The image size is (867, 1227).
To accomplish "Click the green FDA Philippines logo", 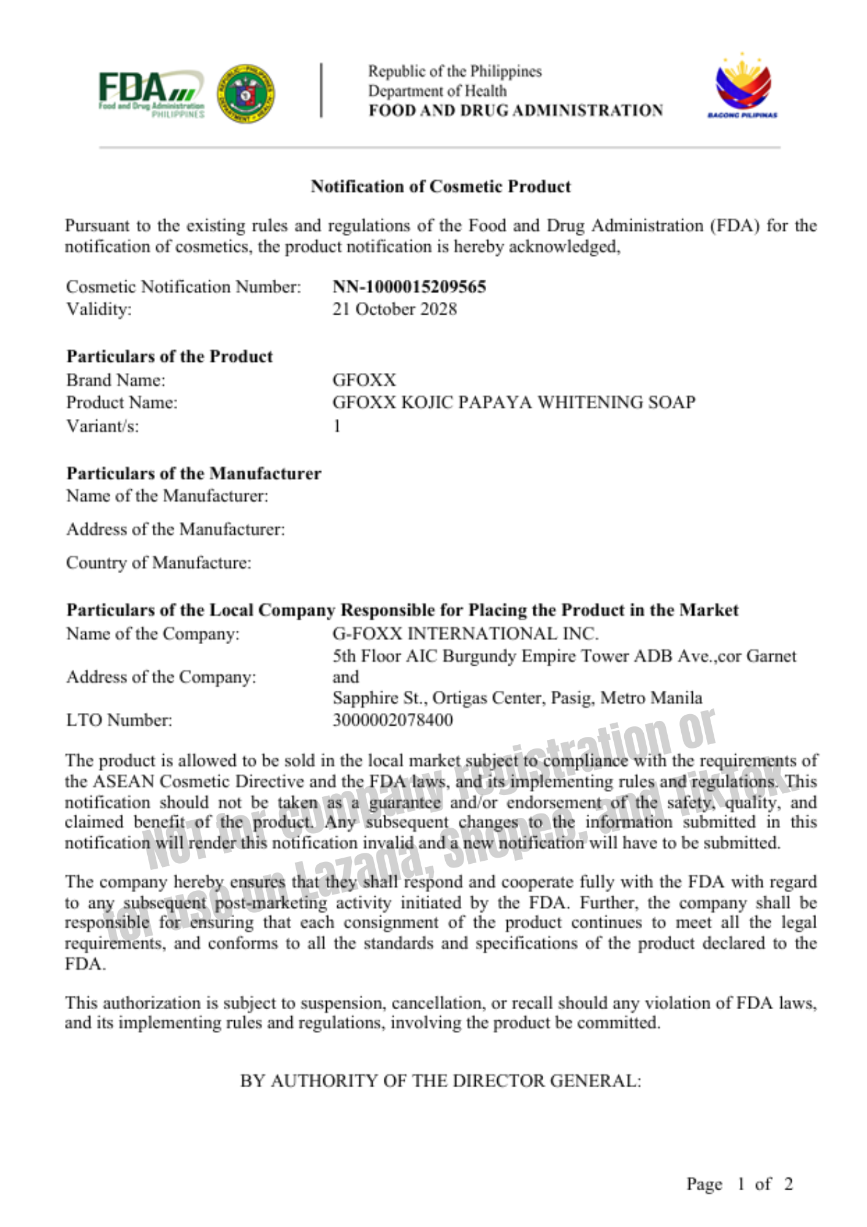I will (151, 94).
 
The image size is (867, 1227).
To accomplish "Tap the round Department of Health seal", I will (245, 94).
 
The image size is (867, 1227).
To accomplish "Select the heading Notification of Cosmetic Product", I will (440, 187).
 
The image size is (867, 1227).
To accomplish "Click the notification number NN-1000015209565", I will (409, 287).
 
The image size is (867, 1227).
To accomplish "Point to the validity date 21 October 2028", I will (394, 309).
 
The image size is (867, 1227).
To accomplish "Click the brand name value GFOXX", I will (364, 380).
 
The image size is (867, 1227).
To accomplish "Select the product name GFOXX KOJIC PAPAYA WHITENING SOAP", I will (514, 402).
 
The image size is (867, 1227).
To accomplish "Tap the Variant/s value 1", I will (337, 426).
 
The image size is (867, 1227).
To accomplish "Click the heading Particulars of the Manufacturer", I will (194, 473).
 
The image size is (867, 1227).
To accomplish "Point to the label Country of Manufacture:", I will (159, 563).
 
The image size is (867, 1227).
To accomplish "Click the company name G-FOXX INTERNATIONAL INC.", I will (465, 633).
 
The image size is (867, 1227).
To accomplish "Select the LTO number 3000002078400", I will (392, 720).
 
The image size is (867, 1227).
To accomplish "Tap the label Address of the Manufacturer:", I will (175, 529).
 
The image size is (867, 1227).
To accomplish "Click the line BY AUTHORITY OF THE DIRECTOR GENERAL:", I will (440, 1080).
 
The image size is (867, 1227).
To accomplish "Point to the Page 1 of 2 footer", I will (739, 1184).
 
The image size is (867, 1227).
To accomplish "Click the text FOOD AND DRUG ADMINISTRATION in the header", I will (515, 110).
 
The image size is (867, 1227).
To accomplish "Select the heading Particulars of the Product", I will (170, 356).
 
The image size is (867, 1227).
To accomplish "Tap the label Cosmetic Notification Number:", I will (183, 287).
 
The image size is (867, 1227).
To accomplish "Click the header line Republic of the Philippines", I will (454, 71).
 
